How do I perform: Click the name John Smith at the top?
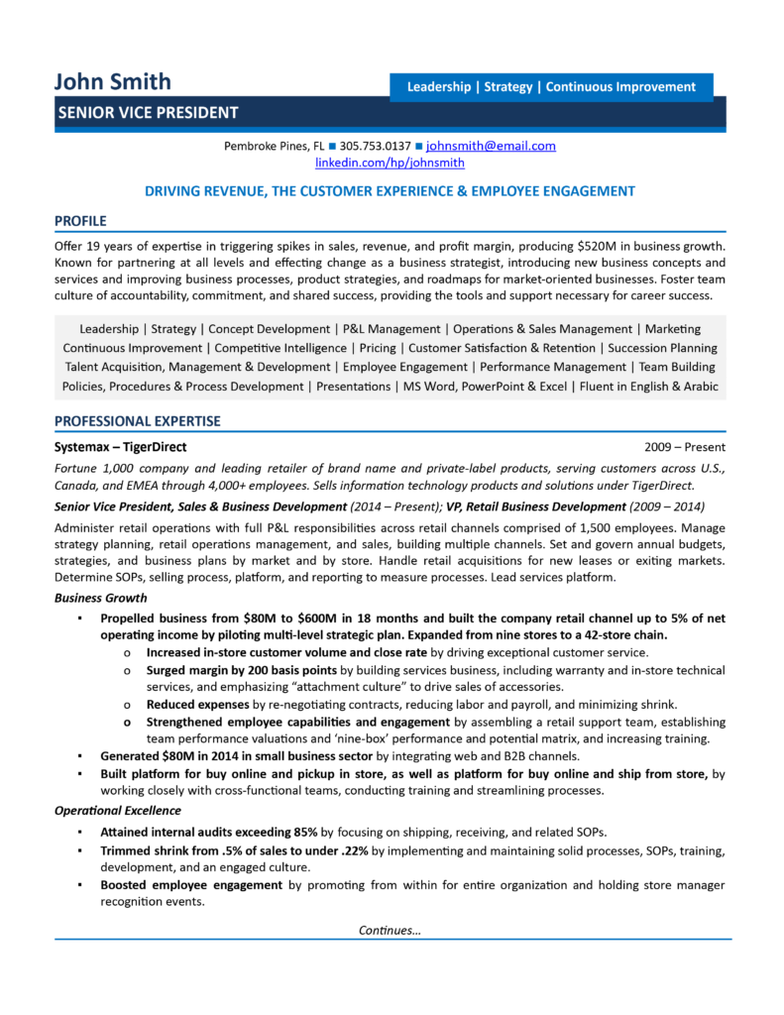tap(112, 81)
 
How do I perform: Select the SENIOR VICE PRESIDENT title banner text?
tap(147, 113)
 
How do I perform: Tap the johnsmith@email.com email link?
tap(491, 146)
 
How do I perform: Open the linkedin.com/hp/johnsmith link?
tap(390, 163)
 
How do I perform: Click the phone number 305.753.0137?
tap(376, 146)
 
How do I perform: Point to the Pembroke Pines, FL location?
tap(275, 146)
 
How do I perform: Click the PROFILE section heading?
tap(80, 220)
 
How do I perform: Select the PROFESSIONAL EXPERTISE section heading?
tap(138, 421)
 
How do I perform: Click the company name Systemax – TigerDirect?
tap(120, 447)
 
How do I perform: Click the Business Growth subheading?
tap(101, 598)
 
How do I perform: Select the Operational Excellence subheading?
tap(117, 811)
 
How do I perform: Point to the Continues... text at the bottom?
tap(390, 930)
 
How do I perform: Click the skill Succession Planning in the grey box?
tap(662, 348)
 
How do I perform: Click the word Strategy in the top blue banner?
tap(508, 87)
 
